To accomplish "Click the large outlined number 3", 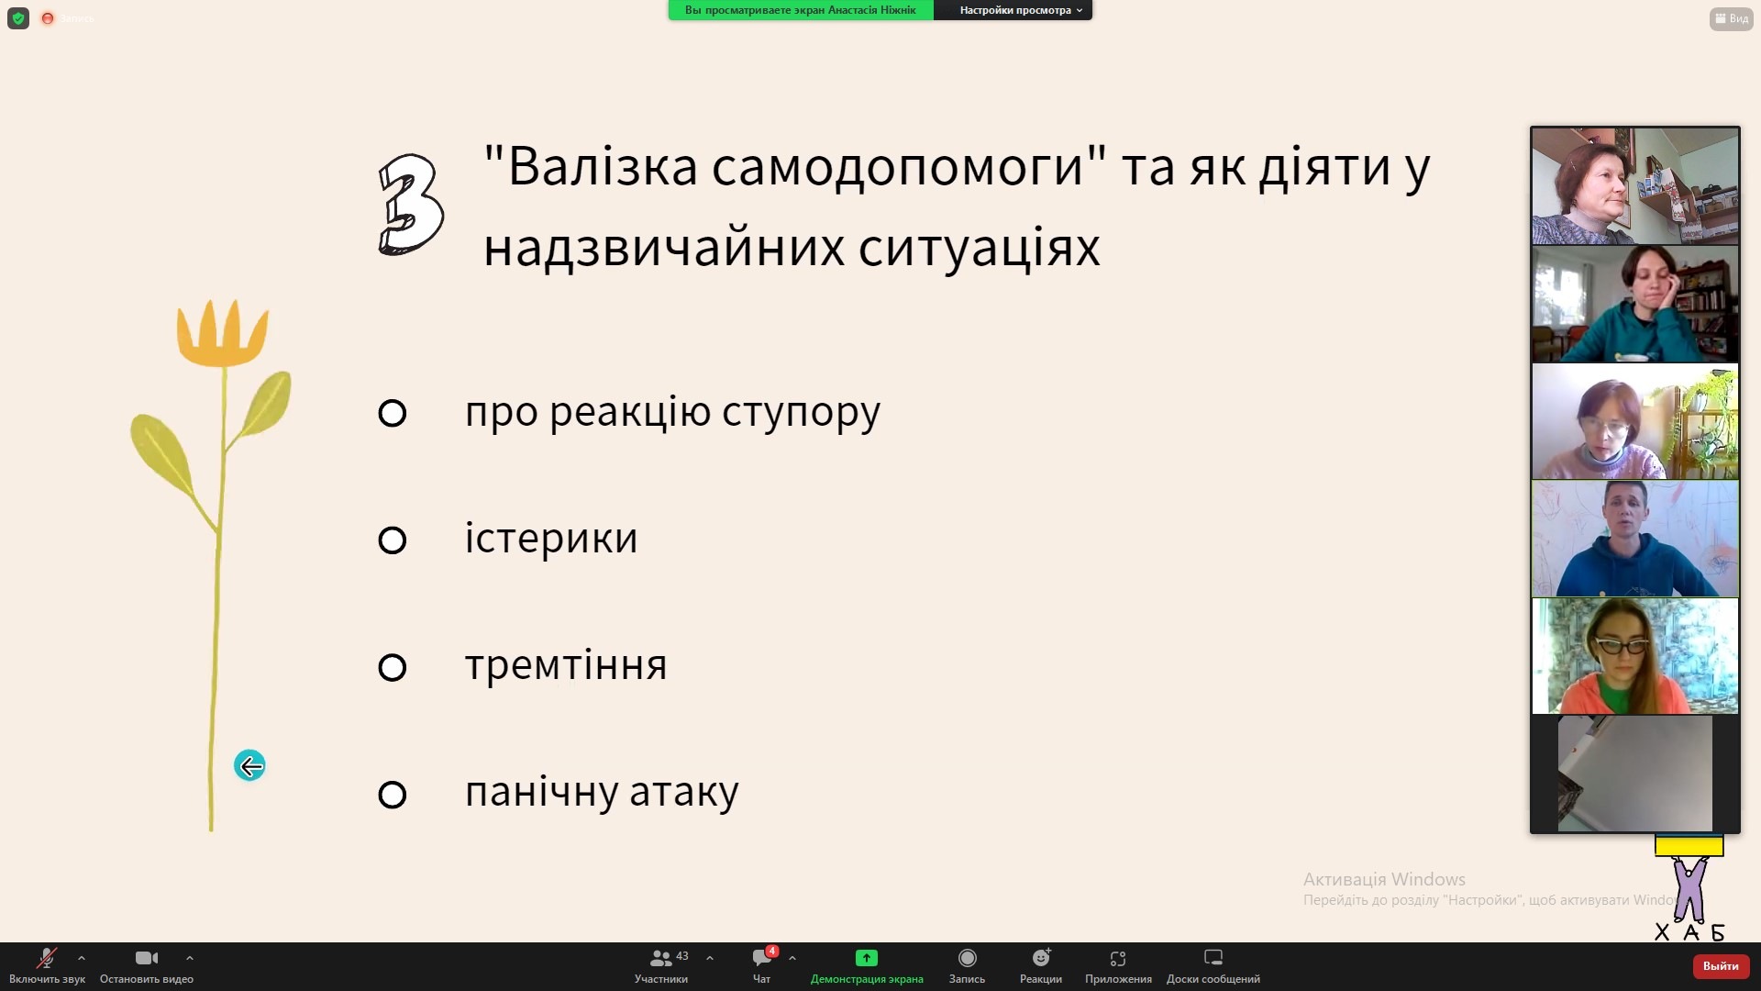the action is click(411, 204).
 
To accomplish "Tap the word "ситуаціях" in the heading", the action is click(979, 248).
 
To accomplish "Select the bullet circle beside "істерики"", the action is click(392, 540).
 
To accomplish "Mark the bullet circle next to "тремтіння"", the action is click(392, 667).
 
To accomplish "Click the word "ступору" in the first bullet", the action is click(801, 413).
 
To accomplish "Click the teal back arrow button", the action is click(249, 765).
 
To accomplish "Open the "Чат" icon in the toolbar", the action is click(762, 958).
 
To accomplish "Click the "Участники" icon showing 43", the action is click(660, 958).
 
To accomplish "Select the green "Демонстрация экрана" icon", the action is click(867, 958).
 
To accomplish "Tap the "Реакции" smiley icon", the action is click(1041, 958).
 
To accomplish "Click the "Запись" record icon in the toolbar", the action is click(967, 958).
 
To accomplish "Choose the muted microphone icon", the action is click(46, 958).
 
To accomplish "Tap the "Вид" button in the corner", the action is click(1732, 18).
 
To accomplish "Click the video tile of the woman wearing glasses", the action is click(1635, 656).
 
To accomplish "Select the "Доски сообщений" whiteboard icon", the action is click(1213, 958).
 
